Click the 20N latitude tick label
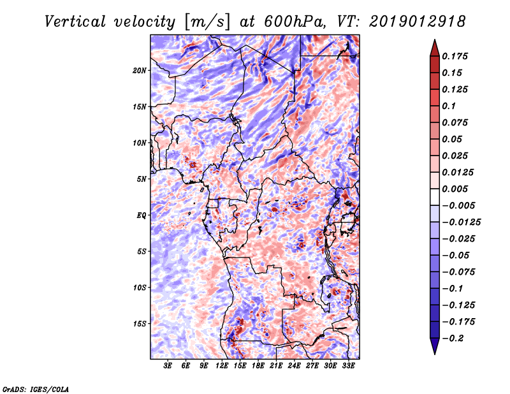point(140,70)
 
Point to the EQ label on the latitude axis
point(142,215)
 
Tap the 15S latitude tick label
point(140,324)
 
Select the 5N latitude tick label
point(142,179)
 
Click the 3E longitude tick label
point(168,365)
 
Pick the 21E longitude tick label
point(276,365)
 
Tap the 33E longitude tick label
point(348,365)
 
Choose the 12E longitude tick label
point(222,365)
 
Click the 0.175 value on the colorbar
point(456,57)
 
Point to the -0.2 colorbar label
point(455,339)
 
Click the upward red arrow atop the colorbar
point(434,47)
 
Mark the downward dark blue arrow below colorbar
point(434,346)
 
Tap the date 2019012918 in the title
point(416,22)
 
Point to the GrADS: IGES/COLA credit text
point(36,388)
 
